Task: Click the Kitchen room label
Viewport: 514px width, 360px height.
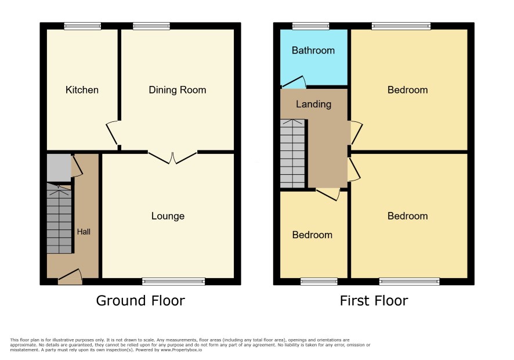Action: click(x=82, y=90)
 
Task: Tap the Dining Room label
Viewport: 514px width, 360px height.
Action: click(x=178, y=90)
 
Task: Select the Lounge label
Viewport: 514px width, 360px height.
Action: click(x=168, y=216)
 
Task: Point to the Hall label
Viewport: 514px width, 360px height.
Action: click(x=84, y=232)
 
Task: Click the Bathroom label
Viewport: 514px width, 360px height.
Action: click(x=313, y=50)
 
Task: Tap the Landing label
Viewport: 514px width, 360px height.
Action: click(x=313, y=104)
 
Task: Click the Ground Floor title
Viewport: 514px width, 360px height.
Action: click(x=140, y=301)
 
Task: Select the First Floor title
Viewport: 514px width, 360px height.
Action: click(x=374, y=301)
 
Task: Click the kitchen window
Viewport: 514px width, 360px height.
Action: click(x=82, y=26)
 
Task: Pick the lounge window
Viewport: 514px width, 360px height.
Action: click(x=173, y=281)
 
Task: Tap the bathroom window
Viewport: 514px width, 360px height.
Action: click(x=311, y=26)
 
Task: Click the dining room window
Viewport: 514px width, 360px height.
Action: click(x=151, y=26)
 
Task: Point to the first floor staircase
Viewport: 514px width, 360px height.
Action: click(x=292, y=154)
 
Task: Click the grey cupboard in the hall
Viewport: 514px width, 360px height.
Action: click(x=59, y=167)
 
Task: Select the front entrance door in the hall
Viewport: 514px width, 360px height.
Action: click(x=70, y=278)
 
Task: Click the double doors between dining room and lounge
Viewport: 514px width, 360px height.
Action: click(x=172, y=157)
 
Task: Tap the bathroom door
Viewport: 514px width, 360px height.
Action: click(x=294, y=82)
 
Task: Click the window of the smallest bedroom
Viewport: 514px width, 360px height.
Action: click(x=319, y=281)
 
